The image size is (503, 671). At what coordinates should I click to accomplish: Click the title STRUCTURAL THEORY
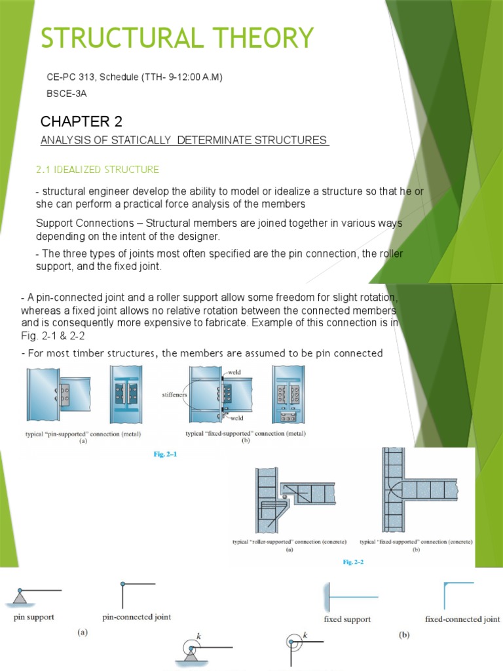[177, 38]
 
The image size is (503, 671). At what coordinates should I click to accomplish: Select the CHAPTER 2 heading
[81, 121]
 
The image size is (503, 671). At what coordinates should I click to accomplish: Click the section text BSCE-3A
[66, 94]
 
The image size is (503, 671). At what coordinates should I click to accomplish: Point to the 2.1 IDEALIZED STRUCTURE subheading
[97, 170]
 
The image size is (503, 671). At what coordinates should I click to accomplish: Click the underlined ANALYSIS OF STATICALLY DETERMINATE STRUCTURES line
[183, 140]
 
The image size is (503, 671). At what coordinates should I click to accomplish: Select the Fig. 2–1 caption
[161, 452]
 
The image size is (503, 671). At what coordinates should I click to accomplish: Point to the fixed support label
[347, 619]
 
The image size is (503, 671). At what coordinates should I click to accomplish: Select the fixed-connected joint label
[462, 619]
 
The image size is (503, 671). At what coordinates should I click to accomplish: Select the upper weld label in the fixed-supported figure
[234, 372]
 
